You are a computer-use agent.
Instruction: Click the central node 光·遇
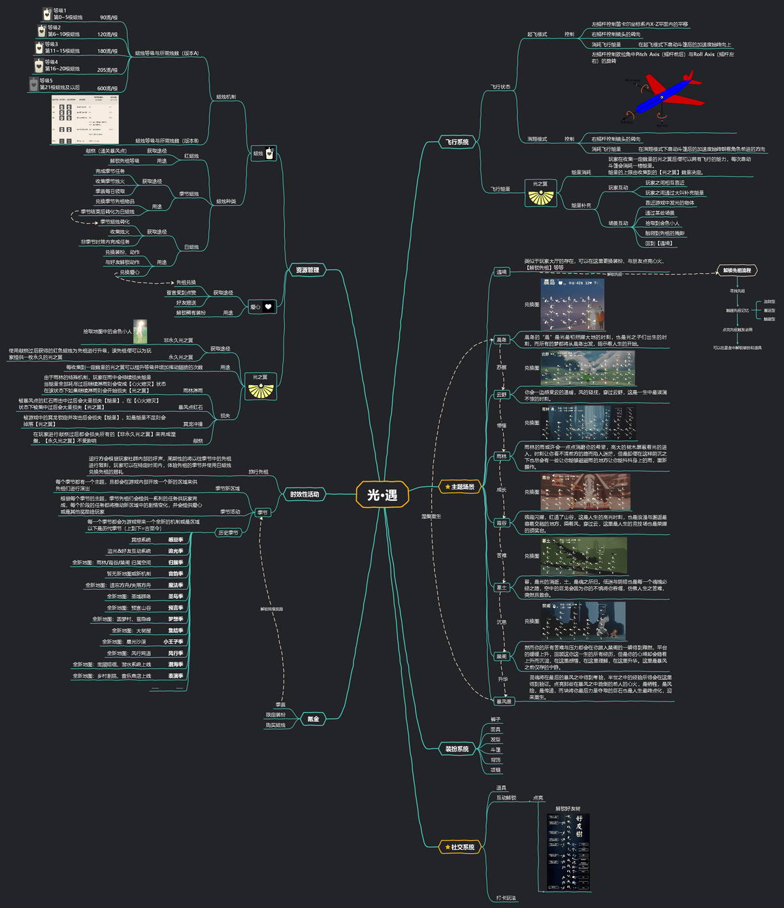pyautogui.click(x=382, y=495)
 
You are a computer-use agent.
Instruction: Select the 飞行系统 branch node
pyautogui.click(x=457, y=142)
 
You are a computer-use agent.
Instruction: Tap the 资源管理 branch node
pyautogui.click(x=307, y=270)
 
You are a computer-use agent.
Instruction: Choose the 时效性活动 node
pyautogui.click(x=304, y=494)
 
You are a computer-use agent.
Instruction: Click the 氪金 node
pyautogui.click(x=313, y=719)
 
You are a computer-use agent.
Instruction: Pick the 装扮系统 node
pyautogui.click(x=457, y=748)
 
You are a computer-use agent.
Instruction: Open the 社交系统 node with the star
pyautogui.click(x=459, y=847)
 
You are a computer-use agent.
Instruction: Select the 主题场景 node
pyautogui.click(x=459, y=487)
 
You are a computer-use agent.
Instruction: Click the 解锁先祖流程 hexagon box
pyautogui.click(x=737, y=270)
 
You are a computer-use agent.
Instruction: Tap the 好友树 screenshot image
pyautogui.click(x=568, y=852)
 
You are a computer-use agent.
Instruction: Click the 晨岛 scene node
pyautogui.click(x=501, y=340)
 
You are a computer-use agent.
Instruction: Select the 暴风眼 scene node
pyautogui.click(x=504, y=701)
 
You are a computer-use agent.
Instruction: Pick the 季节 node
pyautogui.click(x=263, y=513)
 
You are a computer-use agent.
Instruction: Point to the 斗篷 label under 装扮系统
pyautogui.click(x=495, y=750)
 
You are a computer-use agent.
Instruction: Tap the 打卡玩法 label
pyautogui.click(x=506, y=898)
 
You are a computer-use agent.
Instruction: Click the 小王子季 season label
pyautogui.click(x=173, y=642)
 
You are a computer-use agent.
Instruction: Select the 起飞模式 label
pyautogui.click(x=537, y=34)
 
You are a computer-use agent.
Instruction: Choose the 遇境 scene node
pyautogui.click(x=501, y=272)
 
